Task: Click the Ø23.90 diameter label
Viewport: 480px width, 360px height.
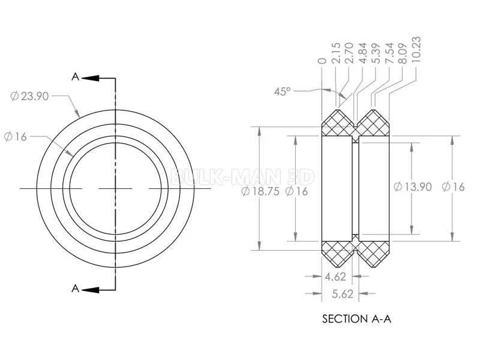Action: click(29, 96)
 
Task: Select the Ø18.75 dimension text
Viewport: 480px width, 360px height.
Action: click(260, 191)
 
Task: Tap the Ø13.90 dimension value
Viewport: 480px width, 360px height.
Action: click(413, 187)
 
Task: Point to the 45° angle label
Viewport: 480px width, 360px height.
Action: click(282, 91)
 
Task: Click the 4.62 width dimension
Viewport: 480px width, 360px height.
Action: click(335, 277)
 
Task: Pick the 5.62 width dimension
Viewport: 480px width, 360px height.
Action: click(343, 294)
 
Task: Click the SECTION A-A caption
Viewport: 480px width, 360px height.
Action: click(356, 319)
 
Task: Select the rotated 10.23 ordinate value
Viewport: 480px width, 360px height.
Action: click(416, 50)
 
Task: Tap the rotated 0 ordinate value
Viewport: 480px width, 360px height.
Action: click(322, 61)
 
